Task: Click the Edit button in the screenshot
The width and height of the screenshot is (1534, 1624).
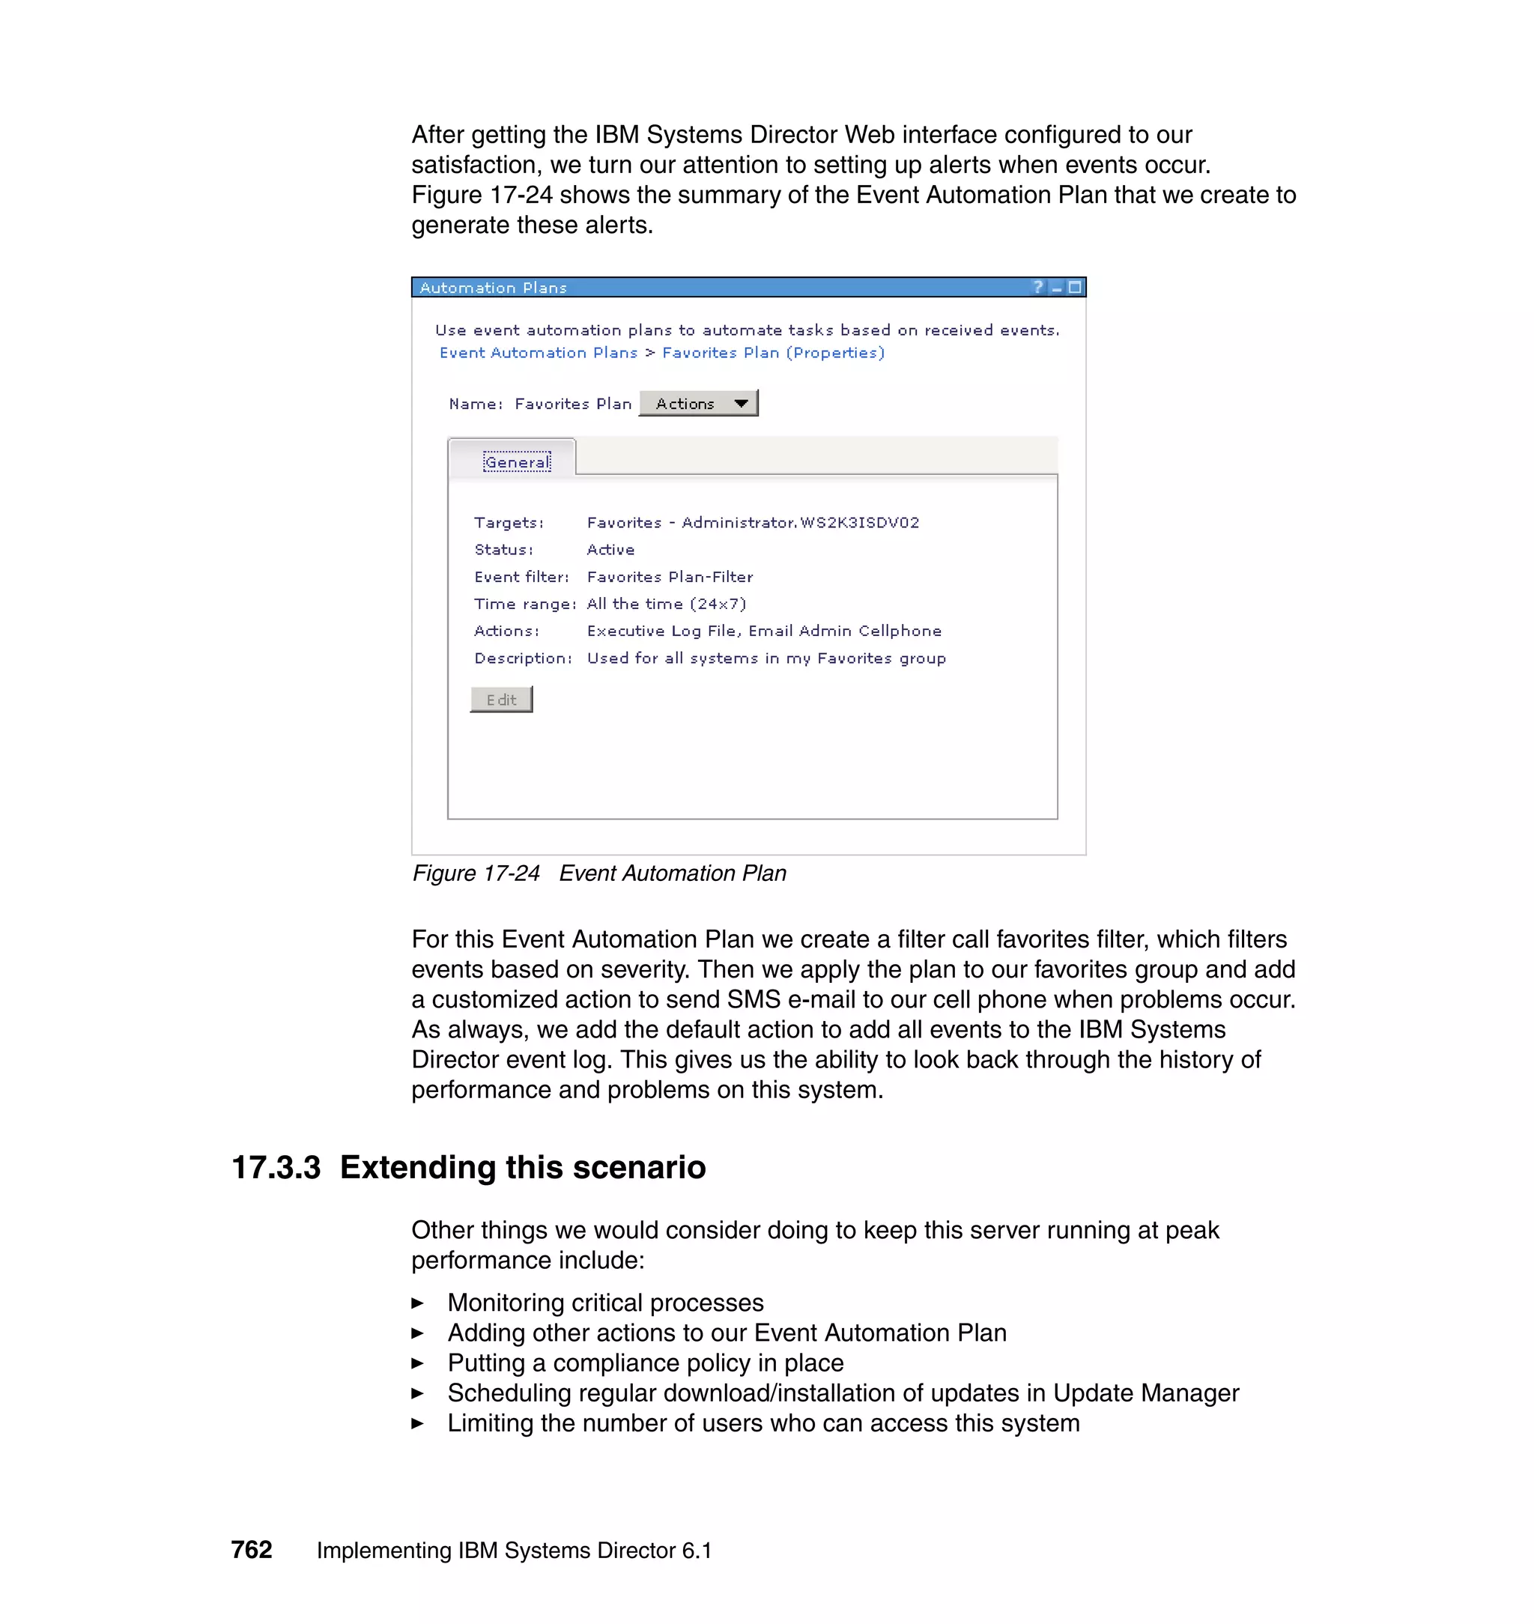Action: (501, 700)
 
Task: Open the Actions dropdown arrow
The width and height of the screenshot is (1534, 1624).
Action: (741, 404)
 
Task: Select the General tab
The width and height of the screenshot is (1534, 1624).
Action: (517, 463)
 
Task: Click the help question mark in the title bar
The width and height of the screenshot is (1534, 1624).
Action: (1038, 287)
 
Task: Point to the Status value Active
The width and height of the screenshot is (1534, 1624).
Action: (610, 551)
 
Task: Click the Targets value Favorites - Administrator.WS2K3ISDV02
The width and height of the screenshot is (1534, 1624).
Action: (752, 524)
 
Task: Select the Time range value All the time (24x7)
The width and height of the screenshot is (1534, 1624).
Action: (666, 605)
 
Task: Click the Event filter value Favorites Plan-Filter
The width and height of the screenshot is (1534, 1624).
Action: (670, 578)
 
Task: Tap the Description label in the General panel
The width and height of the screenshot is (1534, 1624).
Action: (523, 659)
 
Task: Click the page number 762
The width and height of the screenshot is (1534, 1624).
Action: (251, 1550)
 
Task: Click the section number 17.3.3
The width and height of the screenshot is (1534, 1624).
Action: (276, 1167)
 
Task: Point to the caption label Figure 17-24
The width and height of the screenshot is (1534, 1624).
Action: (476, 873)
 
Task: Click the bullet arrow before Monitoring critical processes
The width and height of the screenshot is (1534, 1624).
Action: (417, 1303)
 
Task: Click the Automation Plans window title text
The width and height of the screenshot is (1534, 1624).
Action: (493, 288)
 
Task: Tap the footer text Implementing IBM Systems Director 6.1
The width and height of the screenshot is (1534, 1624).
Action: (514, 1551)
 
